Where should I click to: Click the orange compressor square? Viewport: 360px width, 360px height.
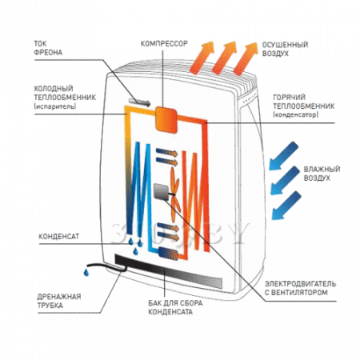166,120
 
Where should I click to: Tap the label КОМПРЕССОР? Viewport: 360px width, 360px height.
164,43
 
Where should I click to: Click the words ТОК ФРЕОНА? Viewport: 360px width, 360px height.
48,48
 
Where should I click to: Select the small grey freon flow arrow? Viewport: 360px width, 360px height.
139,102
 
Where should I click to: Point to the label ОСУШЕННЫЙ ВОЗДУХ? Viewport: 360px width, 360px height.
285,49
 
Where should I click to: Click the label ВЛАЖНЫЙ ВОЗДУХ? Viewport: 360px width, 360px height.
322,174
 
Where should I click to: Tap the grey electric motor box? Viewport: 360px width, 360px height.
162,192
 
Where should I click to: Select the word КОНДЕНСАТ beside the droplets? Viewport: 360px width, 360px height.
59,237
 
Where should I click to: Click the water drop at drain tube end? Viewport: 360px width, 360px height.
86,272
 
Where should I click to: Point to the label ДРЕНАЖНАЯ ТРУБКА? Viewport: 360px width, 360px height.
59,301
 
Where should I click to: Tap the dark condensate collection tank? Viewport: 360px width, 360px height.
168,270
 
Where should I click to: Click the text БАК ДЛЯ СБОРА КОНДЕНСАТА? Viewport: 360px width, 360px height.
175,307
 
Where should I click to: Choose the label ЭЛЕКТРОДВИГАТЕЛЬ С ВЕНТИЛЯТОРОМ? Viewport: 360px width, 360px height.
300,288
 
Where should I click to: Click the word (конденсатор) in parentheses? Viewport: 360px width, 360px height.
296,114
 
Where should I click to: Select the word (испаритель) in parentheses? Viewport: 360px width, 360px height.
55,106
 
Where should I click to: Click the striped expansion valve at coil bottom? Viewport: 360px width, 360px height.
168,253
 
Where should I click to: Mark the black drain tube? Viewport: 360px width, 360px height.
106,267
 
